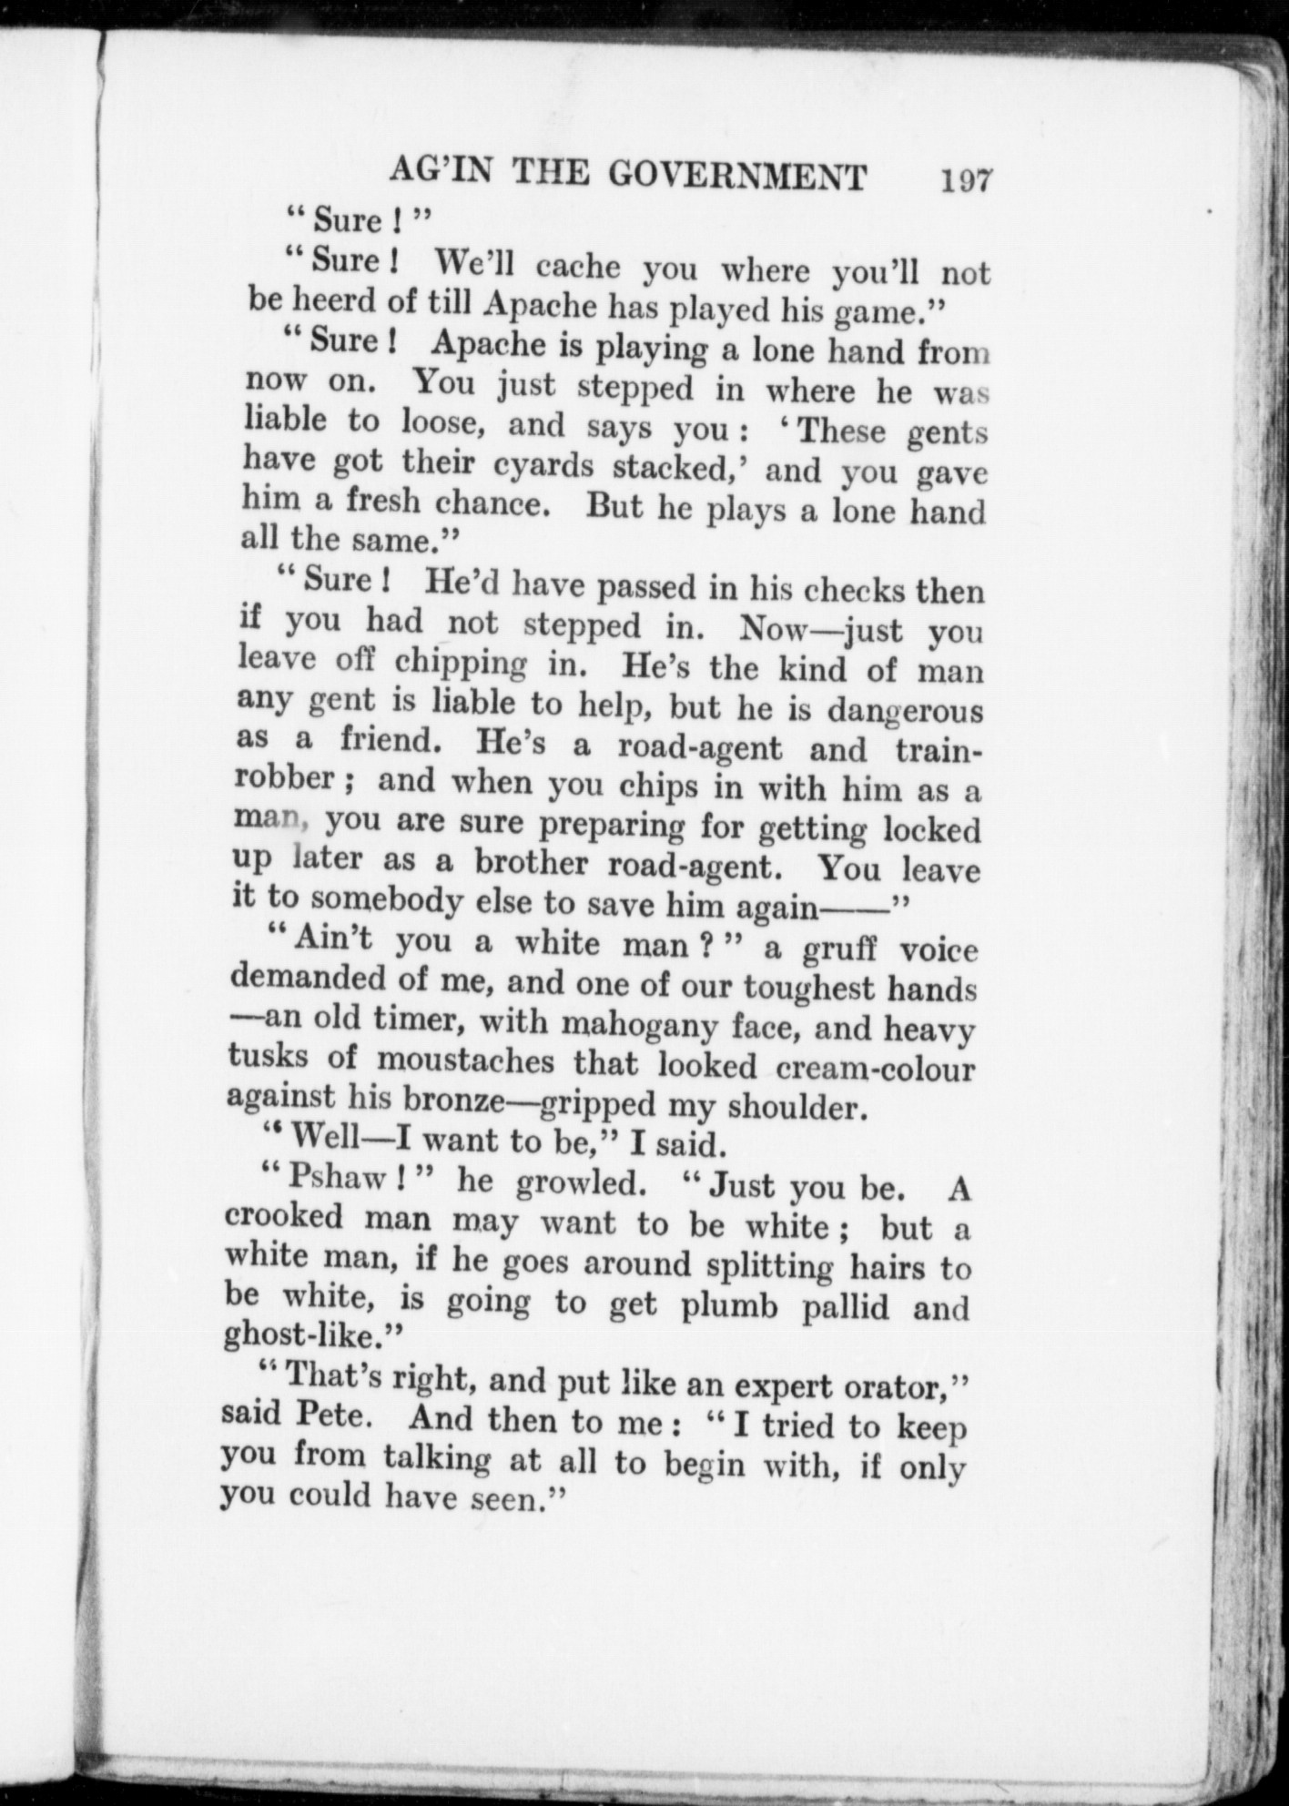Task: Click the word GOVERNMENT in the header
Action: coord(736,176)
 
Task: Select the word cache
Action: coord(578,266)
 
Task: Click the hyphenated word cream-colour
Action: coord(877,1067)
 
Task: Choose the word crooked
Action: coord(284,1217)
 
